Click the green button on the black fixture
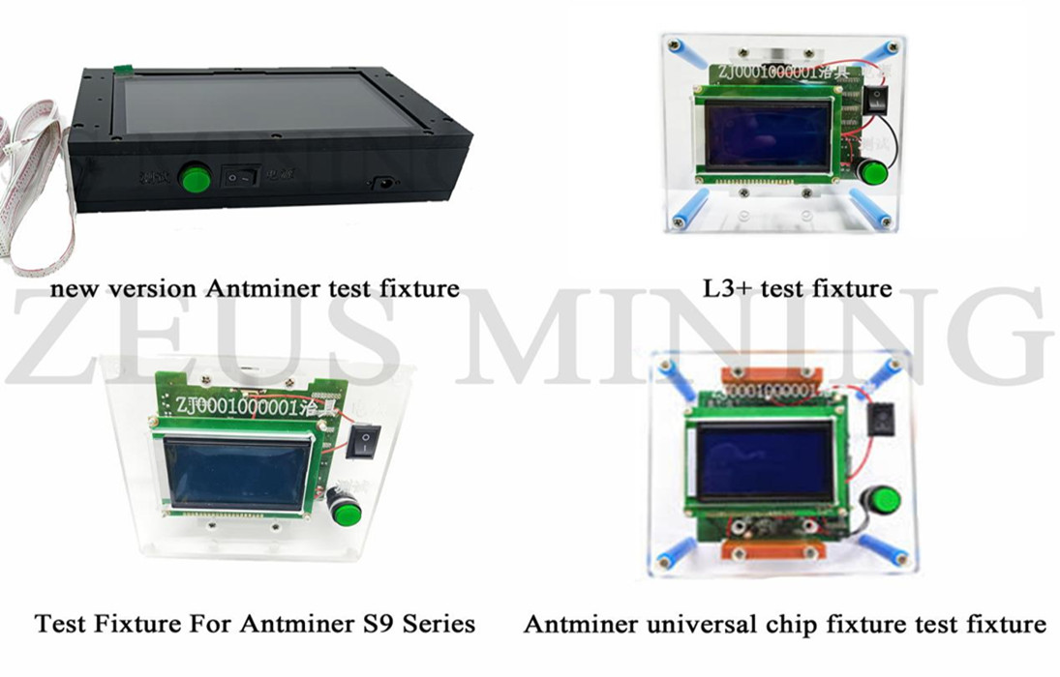click(197, 178)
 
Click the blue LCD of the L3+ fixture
click(768, 134)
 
